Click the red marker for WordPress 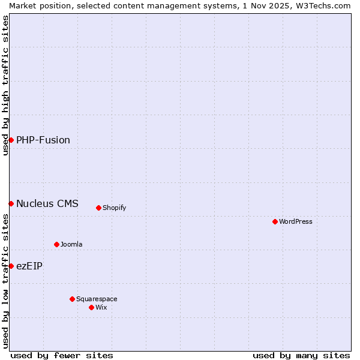275,221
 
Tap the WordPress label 296,221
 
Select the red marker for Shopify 98,208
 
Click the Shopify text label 114,208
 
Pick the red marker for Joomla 56,244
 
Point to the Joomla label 71,244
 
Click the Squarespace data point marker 72,299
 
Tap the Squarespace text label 97,299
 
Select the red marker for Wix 91,307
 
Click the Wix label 101,307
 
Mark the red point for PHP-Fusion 11,140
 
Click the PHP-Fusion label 43,140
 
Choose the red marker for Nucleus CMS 11,203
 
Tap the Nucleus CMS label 47,203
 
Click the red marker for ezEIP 11,266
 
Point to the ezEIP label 29,266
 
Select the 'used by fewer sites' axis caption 62,355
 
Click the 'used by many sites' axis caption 301,355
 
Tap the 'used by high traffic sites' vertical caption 5,85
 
